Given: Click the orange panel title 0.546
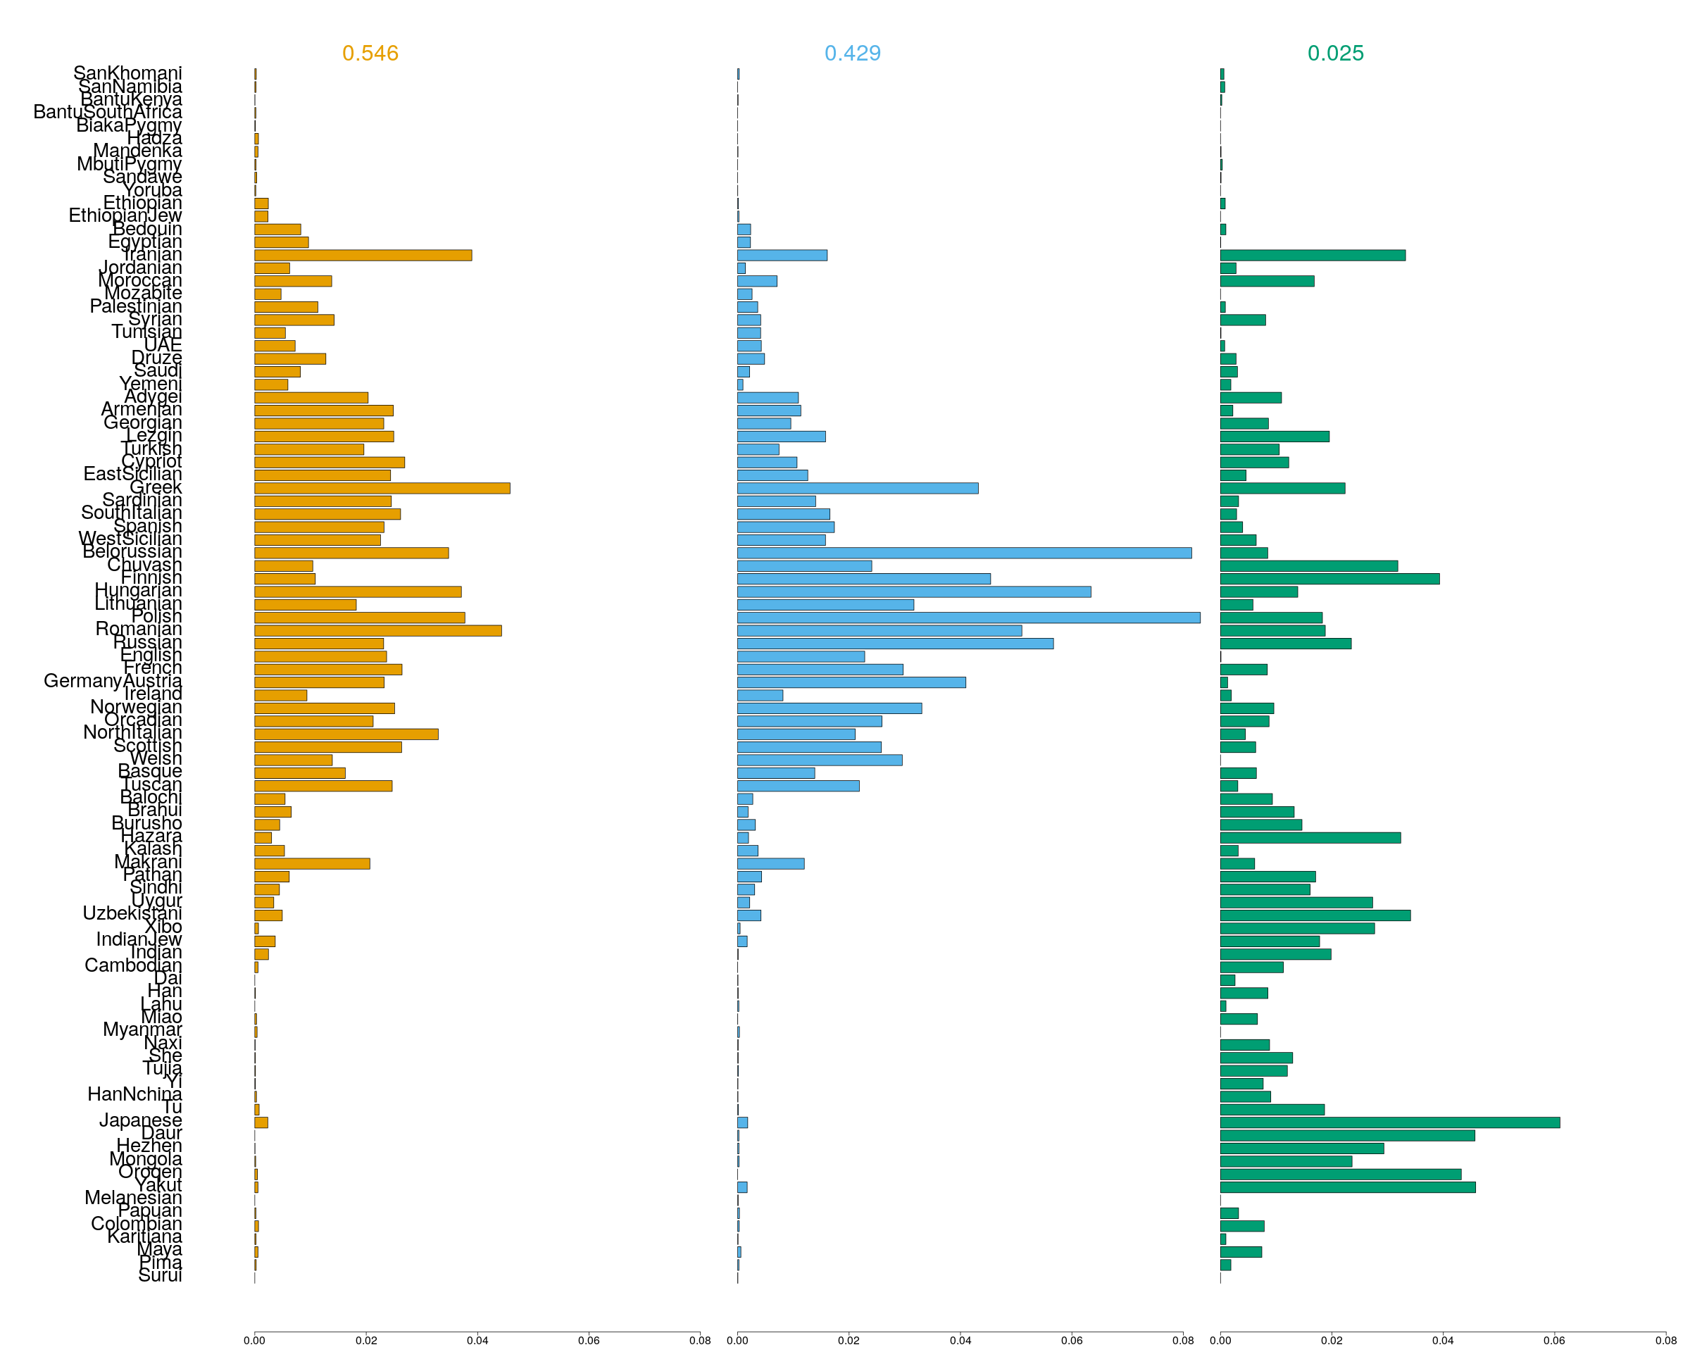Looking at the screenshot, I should (370, 54).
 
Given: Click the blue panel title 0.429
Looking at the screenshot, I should (852, 54).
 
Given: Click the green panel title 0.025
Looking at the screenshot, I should (1335, 54).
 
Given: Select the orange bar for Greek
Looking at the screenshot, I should (382, 488).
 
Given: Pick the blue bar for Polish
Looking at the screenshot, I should (968, 618).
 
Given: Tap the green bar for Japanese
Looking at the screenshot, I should (1389, 1122).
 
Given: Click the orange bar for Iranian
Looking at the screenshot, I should (363, 256).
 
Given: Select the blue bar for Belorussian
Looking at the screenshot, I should (964, 553).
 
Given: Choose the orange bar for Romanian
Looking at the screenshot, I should (378, 631).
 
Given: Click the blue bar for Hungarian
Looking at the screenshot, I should (914, 591).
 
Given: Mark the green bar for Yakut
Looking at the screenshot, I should (1348, 1187).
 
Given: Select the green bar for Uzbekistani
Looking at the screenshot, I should (1315, 915).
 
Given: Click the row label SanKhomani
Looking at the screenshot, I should (127, 73).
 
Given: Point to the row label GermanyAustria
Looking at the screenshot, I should (113, 681).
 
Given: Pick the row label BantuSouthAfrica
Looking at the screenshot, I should (108, 112).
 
